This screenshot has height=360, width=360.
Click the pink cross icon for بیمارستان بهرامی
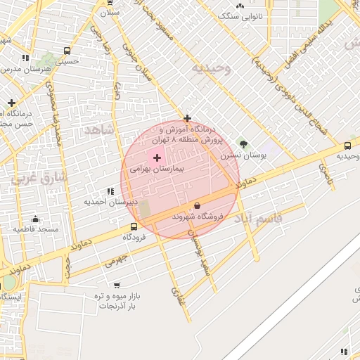[156, 157]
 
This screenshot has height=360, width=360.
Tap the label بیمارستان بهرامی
[156, 169]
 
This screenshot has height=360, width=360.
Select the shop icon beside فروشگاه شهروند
[196, 206]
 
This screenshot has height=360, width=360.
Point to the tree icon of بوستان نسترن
[243, 144]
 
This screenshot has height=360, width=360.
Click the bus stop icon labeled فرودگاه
[134, 226]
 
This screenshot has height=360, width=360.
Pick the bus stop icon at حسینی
[67, 51]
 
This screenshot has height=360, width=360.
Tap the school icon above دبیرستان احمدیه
[110, 191]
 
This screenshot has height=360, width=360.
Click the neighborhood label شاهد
[98, 130]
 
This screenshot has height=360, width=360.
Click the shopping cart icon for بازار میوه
[117, 285]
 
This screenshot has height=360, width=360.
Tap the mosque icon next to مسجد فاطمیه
[15, 229]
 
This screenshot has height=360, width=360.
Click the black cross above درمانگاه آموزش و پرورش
[187, 118]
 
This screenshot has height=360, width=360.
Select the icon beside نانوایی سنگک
[240, 5]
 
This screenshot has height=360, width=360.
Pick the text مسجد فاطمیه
[39, 229]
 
